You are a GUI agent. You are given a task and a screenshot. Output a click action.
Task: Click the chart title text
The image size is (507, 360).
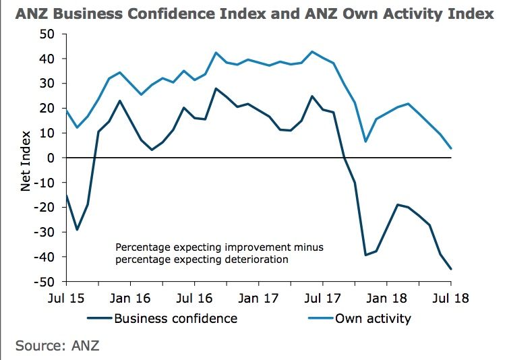pos(253,13)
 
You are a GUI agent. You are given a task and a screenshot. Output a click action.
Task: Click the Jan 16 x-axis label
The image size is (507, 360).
pos(129,297)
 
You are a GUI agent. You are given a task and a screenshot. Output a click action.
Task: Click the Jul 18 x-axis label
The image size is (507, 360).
pos(450,297)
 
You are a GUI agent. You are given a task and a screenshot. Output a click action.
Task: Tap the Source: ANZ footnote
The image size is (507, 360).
pos(58,346)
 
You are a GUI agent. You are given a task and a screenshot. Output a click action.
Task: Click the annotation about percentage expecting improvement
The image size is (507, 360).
pos(219,253)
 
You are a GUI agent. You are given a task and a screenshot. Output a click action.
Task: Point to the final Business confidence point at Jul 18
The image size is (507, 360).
pos(451,269)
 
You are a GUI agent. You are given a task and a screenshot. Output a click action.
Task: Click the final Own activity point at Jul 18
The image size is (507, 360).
pos(451,148)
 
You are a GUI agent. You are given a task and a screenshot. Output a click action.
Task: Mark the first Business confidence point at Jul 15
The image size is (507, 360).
pos(66,195)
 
